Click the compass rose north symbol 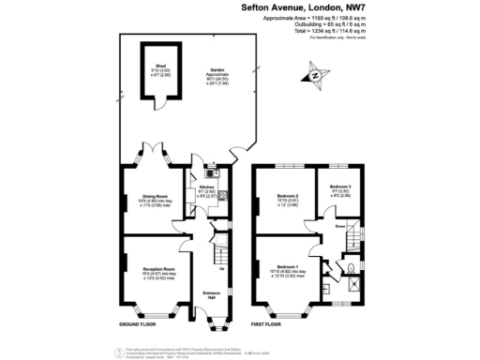[316, 74]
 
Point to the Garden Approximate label [218, 71]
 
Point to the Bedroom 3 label [341, 187]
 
